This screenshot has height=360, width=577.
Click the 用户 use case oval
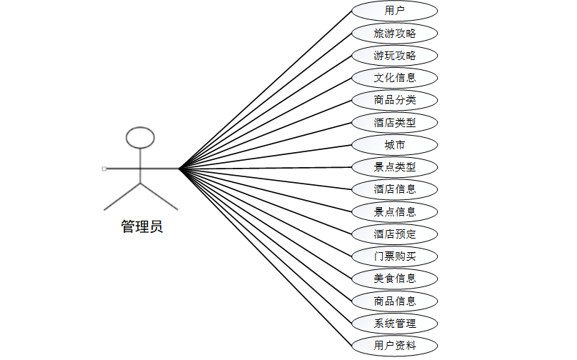394,11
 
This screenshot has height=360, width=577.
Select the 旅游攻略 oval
394,33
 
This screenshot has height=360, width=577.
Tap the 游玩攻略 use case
394,55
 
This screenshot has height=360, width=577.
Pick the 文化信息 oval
394,78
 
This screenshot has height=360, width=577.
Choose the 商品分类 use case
394,100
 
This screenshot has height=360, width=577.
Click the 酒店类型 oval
394,122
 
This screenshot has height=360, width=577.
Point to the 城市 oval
394,145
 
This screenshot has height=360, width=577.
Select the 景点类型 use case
394,167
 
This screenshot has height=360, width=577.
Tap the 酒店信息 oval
394,189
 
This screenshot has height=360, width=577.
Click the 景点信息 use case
394,211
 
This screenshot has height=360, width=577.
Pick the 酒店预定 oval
394,234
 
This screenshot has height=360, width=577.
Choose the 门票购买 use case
394,256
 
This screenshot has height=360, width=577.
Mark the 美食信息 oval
394,278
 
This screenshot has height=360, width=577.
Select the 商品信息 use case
394,301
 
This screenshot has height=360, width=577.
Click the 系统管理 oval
394,323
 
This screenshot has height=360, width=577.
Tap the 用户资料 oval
394,346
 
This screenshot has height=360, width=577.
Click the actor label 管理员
141,227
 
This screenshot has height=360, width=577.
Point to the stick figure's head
140,137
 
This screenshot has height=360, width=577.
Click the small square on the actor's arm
104,169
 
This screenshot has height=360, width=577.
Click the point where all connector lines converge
179,169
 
